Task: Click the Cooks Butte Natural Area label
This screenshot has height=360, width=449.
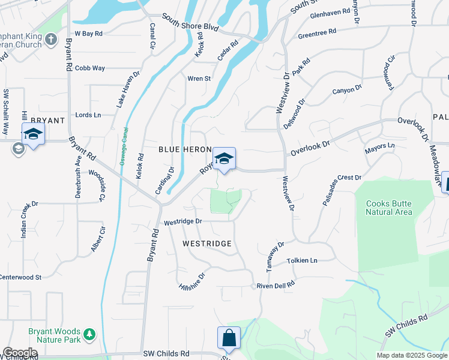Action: [389, 208]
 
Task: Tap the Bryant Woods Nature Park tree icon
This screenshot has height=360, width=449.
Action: [89, 334]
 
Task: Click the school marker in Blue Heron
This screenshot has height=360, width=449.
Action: [224, 159]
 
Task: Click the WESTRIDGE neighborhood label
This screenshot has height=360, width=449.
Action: [207, 244]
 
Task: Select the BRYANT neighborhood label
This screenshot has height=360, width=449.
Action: [43, 121]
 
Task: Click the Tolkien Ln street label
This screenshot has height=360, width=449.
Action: [301, 260]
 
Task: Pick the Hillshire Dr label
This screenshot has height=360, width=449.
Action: [192, 283]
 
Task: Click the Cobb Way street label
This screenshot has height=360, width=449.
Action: [90, 68]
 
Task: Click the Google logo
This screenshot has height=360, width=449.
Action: [20, 353]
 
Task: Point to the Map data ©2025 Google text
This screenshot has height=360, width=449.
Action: [412, 355]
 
